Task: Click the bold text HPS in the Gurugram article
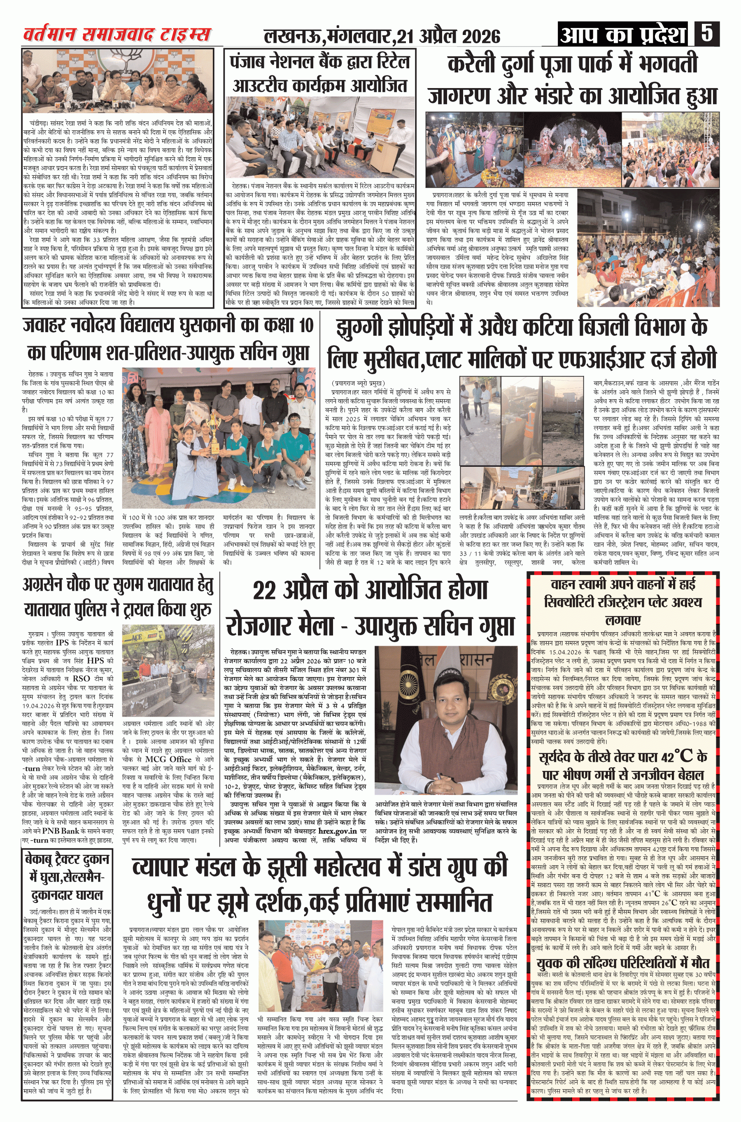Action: point(95,661)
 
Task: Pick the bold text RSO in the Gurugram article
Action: point(81,678)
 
